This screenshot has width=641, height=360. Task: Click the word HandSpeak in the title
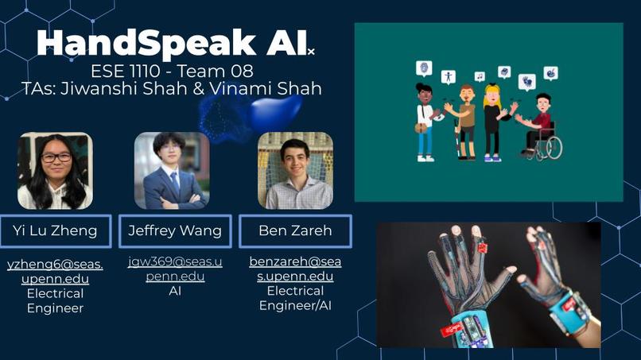coord(148,43)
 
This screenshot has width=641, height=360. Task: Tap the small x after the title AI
coord(312,52)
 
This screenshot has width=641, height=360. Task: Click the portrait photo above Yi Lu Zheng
coord(55,171)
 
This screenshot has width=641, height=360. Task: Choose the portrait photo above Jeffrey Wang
coord(171,171)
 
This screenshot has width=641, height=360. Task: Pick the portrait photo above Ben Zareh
coord(295,171)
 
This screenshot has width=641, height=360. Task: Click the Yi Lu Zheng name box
coord(55,231)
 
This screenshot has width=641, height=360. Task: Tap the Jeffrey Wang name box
coord(175,231)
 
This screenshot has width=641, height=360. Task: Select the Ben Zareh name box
coord(295,231)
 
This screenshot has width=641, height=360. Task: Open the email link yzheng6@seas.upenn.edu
coord(55,271)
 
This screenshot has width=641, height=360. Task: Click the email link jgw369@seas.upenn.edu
coord(175,269)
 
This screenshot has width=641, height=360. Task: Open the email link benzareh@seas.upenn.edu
coord(295,269)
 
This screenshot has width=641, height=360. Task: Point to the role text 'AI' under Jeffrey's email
coord(175,292)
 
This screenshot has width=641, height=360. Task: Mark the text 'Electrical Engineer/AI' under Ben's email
coord(295,299)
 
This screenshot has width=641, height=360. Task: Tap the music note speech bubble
coord(480,77)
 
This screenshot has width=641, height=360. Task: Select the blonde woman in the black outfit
coord(492,119)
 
